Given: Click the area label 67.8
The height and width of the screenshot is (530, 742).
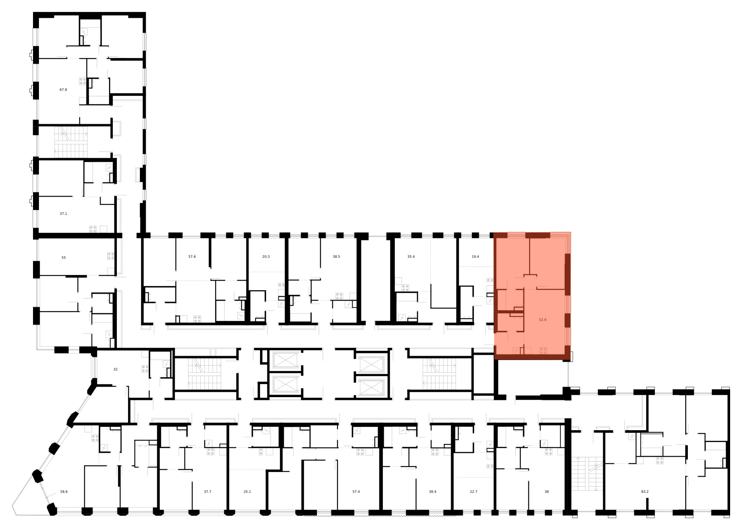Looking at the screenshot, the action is pos(63,89).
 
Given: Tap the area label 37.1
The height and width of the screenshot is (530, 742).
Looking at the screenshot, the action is pos(63,214).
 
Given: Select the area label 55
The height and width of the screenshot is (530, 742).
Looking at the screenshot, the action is pos(63,258).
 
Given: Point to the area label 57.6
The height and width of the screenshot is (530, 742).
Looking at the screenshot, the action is pos(192,256).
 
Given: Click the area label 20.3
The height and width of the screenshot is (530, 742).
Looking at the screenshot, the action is pos(266,256).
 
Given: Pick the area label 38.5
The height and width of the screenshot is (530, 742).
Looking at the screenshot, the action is pos(336,256).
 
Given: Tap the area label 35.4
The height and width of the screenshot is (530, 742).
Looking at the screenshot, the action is pos(411,256).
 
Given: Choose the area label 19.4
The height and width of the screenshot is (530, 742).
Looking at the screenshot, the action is pos(475,256).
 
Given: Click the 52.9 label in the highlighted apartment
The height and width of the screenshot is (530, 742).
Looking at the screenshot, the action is pos(542,320).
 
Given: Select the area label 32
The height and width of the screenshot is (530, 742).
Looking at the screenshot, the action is pos(115,369).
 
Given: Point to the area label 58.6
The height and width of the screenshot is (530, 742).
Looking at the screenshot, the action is pos(64,492).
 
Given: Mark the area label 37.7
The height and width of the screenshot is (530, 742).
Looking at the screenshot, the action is pos(207,492).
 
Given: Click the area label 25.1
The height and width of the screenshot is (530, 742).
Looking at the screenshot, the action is pos(247,492).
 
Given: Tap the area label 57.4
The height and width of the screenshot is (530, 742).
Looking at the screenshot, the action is pos(356,492).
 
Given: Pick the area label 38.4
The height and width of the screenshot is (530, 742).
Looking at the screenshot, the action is pos(432,492).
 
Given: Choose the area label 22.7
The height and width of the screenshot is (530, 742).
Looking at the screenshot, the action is pos(473,492).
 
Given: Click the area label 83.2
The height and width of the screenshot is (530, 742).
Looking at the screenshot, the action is pos(645,492).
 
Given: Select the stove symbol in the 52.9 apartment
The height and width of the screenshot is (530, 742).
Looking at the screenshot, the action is pos(544,350).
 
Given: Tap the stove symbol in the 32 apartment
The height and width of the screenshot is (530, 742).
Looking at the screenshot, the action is pos(145,369).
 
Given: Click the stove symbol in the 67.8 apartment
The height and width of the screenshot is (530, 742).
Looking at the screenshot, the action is pos(83,81).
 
